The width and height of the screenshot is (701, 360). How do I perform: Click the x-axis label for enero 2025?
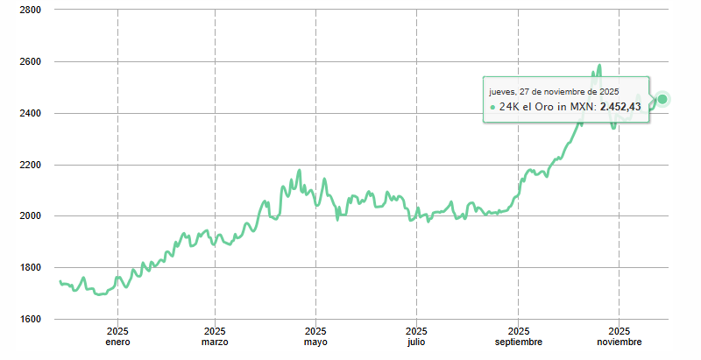[x=117, y=336]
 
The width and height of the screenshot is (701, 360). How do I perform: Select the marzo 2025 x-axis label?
[x=215, y=336]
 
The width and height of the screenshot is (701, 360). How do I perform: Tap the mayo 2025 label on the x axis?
[x=315, y=336]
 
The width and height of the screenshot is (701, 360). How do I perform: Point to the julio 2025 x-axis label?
[x=416, y=336]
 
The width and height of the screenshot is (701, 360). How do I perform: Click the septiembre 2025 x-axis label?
[x=518, y=336]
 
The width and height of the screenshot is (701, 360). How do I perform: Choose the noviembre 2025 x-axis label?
[x=619, y=336]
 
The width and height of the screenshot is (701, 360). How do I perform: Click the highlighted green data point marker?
[x=662, y=99]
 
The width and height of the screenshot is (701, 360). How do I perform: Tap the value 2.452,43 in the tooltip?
[x=620, y=106]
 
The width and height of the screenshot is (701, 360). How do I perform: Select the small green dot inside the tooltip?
[x=492, y=107]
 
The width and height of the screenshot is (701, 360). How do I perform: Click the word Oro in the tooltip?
[x=543, y=106]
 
